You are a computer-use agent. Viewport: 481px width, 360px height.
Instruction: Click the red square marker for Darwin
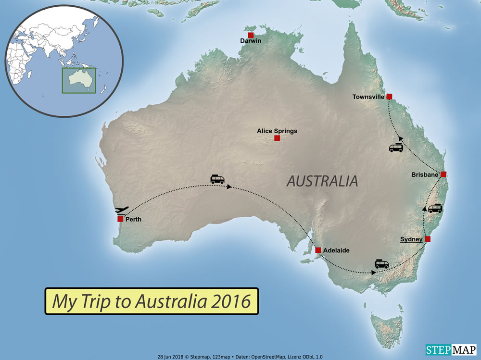[x=251, y=35]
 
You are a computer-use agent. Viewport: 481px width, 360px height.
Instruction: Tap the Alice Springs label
[x=277, y=131]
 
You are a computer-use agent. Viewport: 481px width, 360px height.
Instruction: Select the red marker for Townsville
[x=389, y=96]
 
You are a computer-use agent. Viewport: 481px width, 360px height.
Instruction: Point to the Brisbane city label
[x=425, y=175]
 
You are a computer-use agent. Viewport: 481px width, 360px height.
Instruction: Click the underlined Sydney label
[x=411, y=239]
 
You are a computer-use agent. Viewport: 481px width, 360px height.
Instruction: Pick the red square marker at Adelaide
[x=318, y=250]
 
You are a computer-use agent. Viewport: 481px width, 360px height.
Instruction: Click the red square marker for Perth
[x=120, y=219]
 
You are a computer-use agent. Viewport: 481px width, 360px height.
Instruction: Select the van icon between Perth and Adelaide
[x=217, y=179]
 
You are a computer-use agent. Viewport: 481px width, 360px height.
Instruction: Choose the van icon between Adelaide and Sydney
[x=382, y=264]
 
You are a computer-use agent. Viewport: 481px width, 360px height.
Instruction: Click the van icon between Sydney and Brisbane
[x=435, y=208]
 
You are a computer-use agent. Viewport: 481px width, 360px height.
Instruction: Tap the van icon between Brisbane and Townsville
[x=396, y=148]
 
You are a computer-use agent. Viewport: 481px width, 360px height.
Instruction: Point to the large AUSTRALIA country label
[x=322, y=181]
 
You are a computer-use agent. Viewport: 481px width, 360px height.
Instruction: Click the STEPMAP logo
[x=451, y=349]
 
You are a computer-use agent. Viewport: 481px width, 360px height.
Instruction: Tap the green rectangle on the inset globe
[x=78, y=80]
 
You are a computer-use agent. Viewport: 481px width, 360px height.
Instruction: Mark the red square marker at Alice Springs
[x=277, y=138]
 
